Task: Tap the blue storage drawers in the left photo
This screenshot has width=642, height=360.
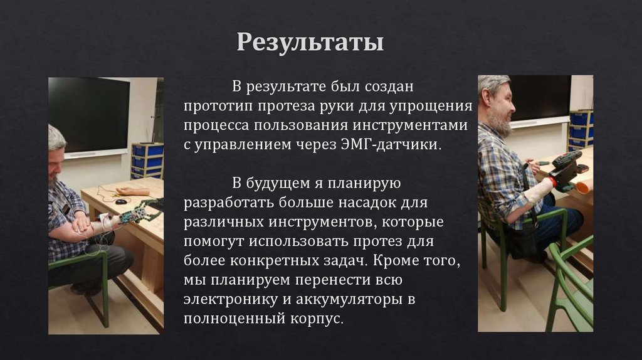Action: pos(147,159)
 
